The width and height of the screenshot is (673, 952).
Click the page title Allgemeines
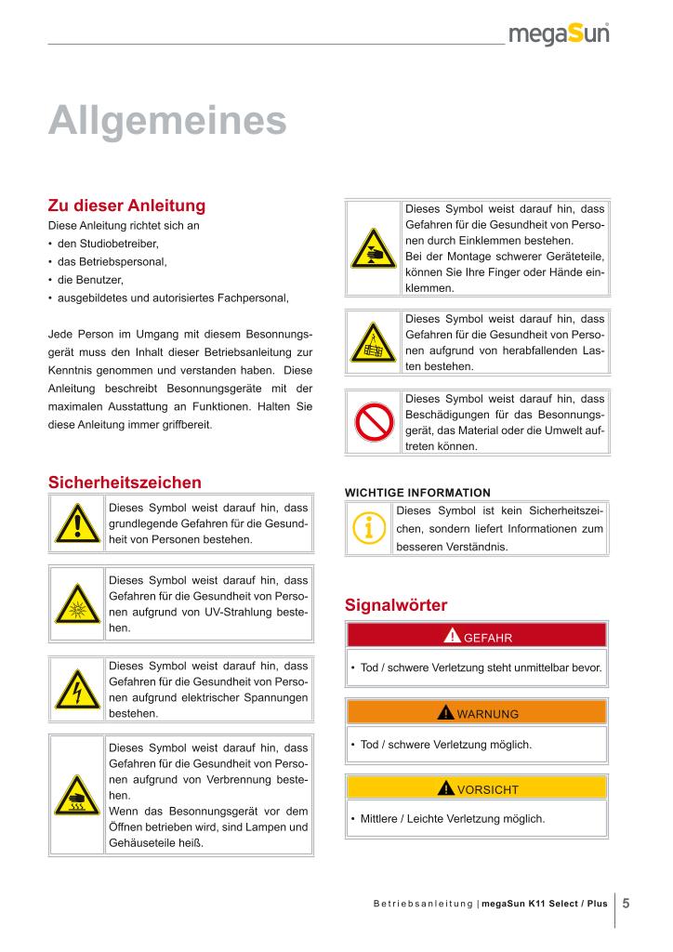(166, 121)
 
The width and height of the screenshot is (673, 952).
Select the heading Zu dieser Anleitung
(126, 205)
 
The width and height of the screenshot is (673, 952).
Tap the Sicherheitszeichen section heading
(125, 482)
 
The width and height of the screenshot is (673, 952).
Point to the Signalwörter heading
(396, 605)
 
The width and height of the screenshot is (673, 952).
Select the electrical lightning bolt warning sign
(76, 691)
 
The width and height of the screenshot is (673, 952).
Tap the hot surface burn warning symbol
(76, 796)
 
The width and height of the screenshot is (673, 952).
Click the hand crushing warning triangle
(374, 249)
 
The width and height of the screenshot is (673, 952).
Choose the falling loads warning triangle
(374, 345)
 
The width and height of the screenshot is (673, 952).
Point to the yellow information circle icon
(369, 528)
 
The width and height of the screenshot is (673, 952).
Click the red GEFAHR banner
(476, 637)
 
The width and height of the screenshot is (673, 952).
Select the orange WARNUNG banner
(476, 713)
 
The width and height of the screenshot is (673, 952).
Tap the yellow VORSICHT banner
(476, 788)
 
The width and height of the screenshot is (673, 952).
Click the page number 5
(627, 903)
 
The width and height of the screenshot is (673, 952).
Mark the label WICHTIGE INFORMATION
(417, 492)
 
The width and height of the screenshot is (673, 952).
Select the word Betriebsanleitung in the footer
(423, 904)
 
